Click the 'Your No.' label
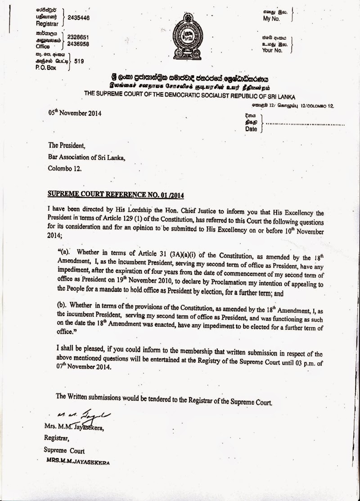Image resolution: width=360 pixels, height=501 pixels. pos(272,50)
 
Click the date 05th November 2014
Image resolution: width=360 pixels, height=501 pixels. pos(74,113)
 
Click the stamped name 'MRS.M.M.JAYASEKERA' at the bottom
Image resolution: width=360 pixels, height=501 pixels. pos(77,462)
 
